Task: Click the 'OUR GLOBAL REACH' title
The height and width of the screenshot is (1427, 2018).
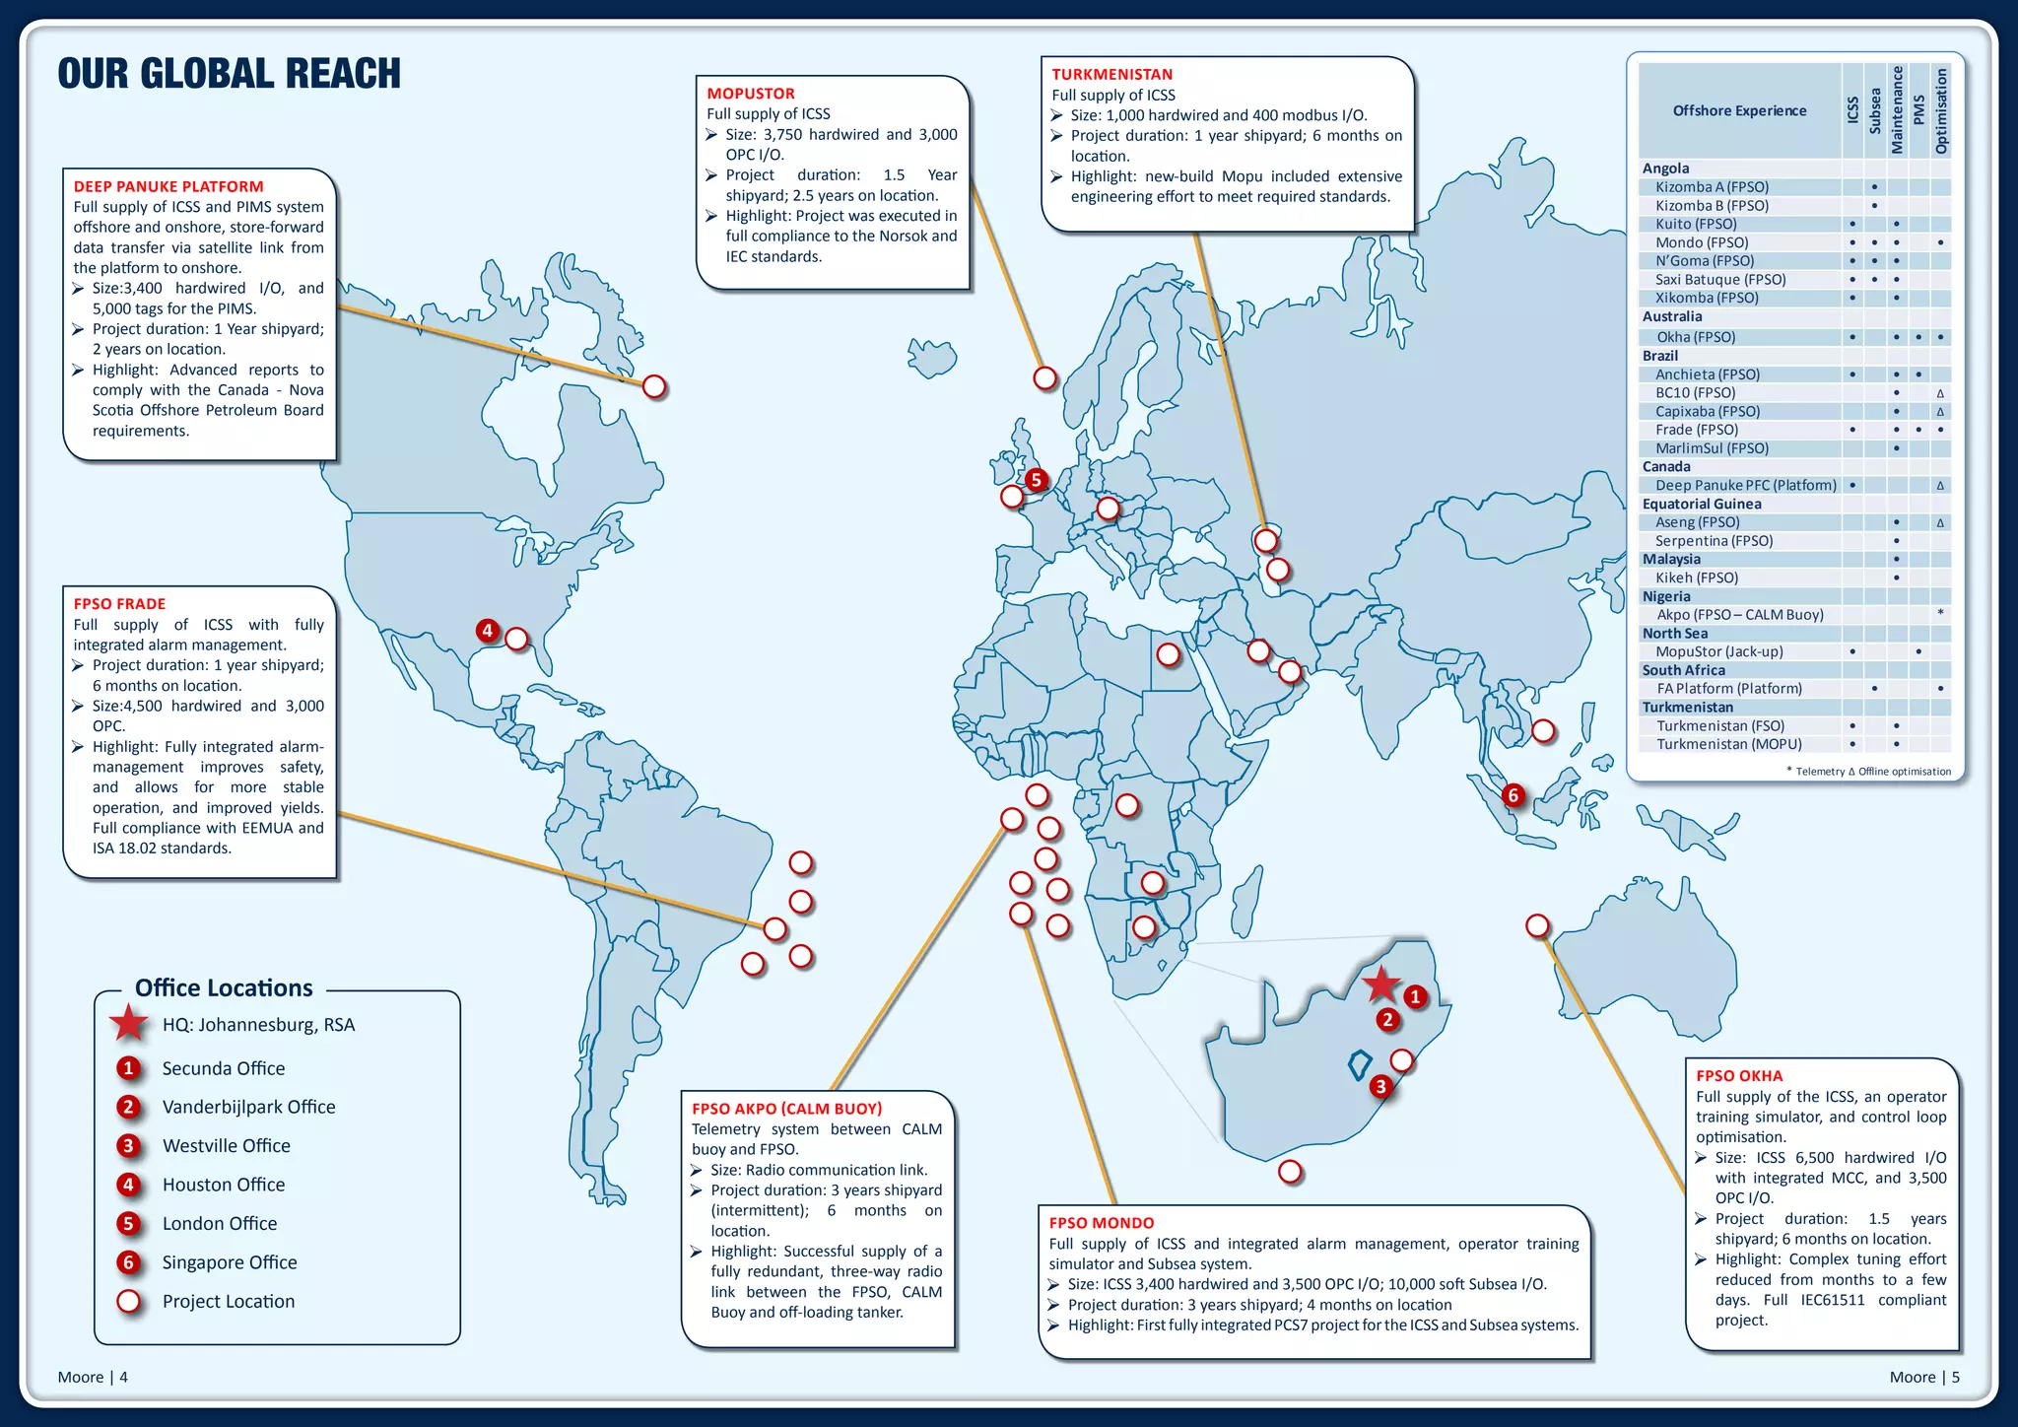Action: tap(229, 74)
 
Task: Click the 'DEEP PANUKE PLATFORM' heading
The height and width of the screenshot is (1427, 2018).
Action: tap(168, 186)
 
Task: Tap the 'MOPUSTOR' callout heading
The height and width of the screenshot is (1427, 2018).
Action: tap(750, 94)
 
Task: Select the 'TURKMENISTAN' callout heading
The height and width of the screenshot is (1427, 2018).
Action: tap(1111, 74)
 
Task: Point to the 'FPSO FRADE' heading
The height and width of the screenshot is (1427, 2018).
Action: tap(119, 603)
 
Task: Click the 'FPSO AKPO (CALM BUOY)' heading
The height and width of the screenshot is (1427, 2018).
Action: tap(786, 1109)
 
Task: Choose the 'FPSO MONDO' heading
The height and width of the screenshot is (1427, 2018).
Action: tap(1101, 1223)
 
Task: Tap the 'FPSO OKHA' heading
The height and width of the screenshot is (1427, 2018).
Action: tap(1739, 1076)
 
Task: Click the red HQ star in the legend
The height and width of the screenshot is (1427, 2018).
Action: tap(129, 1024)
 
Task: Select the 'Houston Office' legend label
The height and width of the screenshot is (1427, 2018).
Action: tap(224, 1185)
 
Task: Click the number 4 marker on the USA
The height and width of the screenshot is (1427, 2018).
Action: tap(487, 630)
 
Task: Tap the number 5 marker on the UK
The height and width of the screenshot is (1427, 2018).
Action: tap(1036, 480)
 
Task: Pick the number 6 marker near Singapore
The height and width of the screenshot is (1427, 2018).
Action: tap(1513, 795)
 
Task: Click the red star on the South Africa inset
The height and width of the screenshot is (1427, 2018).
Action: tap(1381, 984)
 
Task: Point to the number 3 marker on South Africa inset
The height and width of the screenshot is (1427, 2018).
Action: tap(1380, 1086)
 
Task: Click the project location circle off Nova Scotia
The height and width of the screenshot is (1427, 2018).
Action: tap(654, 387)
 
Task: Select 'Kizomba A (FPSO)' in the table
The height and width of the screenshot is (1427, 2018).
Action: tap(1712, 187)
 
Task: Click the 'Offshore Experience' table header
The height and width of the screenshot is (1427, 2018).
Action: tap(1739, 110)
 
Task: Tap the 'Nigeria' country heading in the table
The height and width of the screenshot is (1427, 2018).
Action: tap(1665, 596)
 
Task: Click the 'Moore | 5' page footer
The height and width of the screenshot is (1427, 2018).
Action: tap(1923, 1377)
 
